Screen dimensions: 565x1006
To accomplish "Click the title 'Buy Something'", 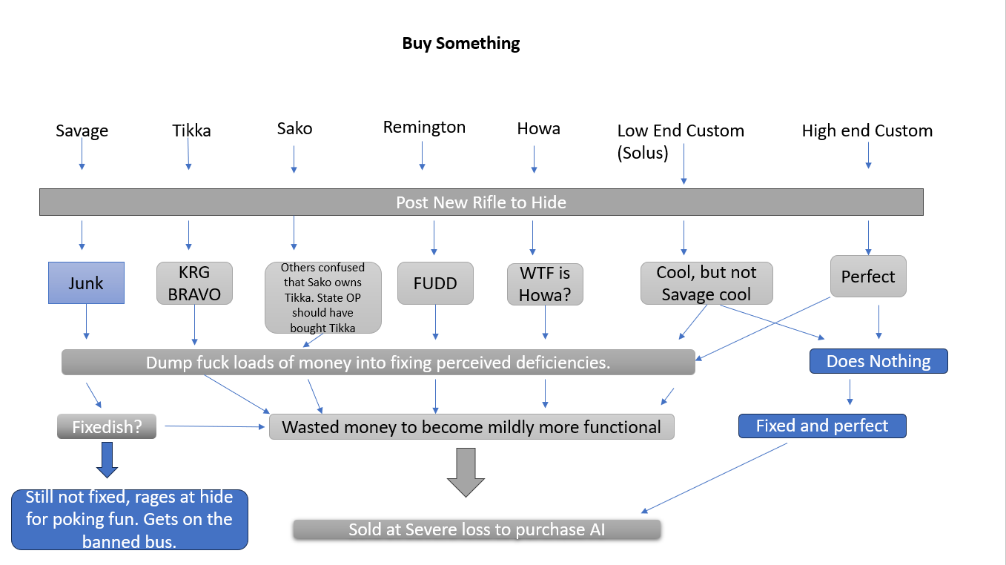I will pyautogui.click(x=460, y=43).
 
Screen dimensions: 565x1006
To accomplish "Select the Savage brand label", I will pyautogui.click(x=82, y=131).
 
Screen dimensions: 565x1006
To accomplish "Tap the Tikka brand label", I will pyautogui.click(x=191, y=131).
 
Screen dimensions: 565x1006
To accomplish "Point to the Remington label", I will pyautogui.click(x=424, y=128).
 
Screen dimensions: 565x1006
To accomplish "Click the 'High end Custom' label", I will pyautogui.click(x=867, y=131).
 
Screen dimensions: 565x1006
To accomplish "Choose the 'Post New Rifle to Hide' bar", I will pyautogui.click(x=480, y=202).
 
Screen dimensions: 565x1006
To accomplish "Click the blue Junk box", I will pyautogui.click(x=86, y=282).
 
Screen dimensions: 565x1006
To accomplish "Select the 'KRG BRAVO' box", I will pyautogui.click(x=194, y=282).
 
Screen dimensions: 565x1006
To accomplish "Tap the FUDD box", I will pyautogui.click(x=435, y=282).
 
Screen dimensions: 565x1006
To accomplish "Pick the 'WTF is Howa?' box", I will pyautogui.click(x=545, y=284).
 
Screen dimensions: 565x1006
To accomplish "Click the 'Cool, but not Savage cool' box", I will pyautogui.click(x=706, y=282).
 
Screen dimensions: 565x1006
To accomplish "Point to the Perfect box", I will pyautogui.click(x=867, y=277).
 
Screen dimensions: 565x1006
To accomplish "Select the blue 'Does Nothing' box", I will pyautogui.click(x=878, y=361).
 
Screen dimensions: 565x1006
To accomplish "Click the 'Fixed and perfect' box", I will pyautogui.click(x=821, y=426).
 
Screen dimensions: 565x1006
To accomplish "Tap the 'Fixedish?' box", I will pyautogui.click(x=107, y=426).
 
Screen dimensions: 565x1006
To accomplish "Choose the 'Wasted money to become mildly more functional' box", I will pyautogui.click(x=471, y=427).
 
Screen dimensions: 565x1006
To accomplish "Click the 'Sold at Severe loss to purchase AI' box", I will pyautogui.click(x=476, y=529).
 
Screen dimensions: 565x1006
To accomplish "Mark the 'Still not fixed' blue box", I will pyautogui.click(x=129, y=519).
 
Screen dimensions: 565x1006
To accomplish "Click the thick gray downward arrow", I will pyautogui.click(x=466, y=472).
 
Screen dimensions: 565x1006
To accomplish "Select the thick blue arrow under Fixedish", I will pyautogui.click(x=107, y=460).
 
